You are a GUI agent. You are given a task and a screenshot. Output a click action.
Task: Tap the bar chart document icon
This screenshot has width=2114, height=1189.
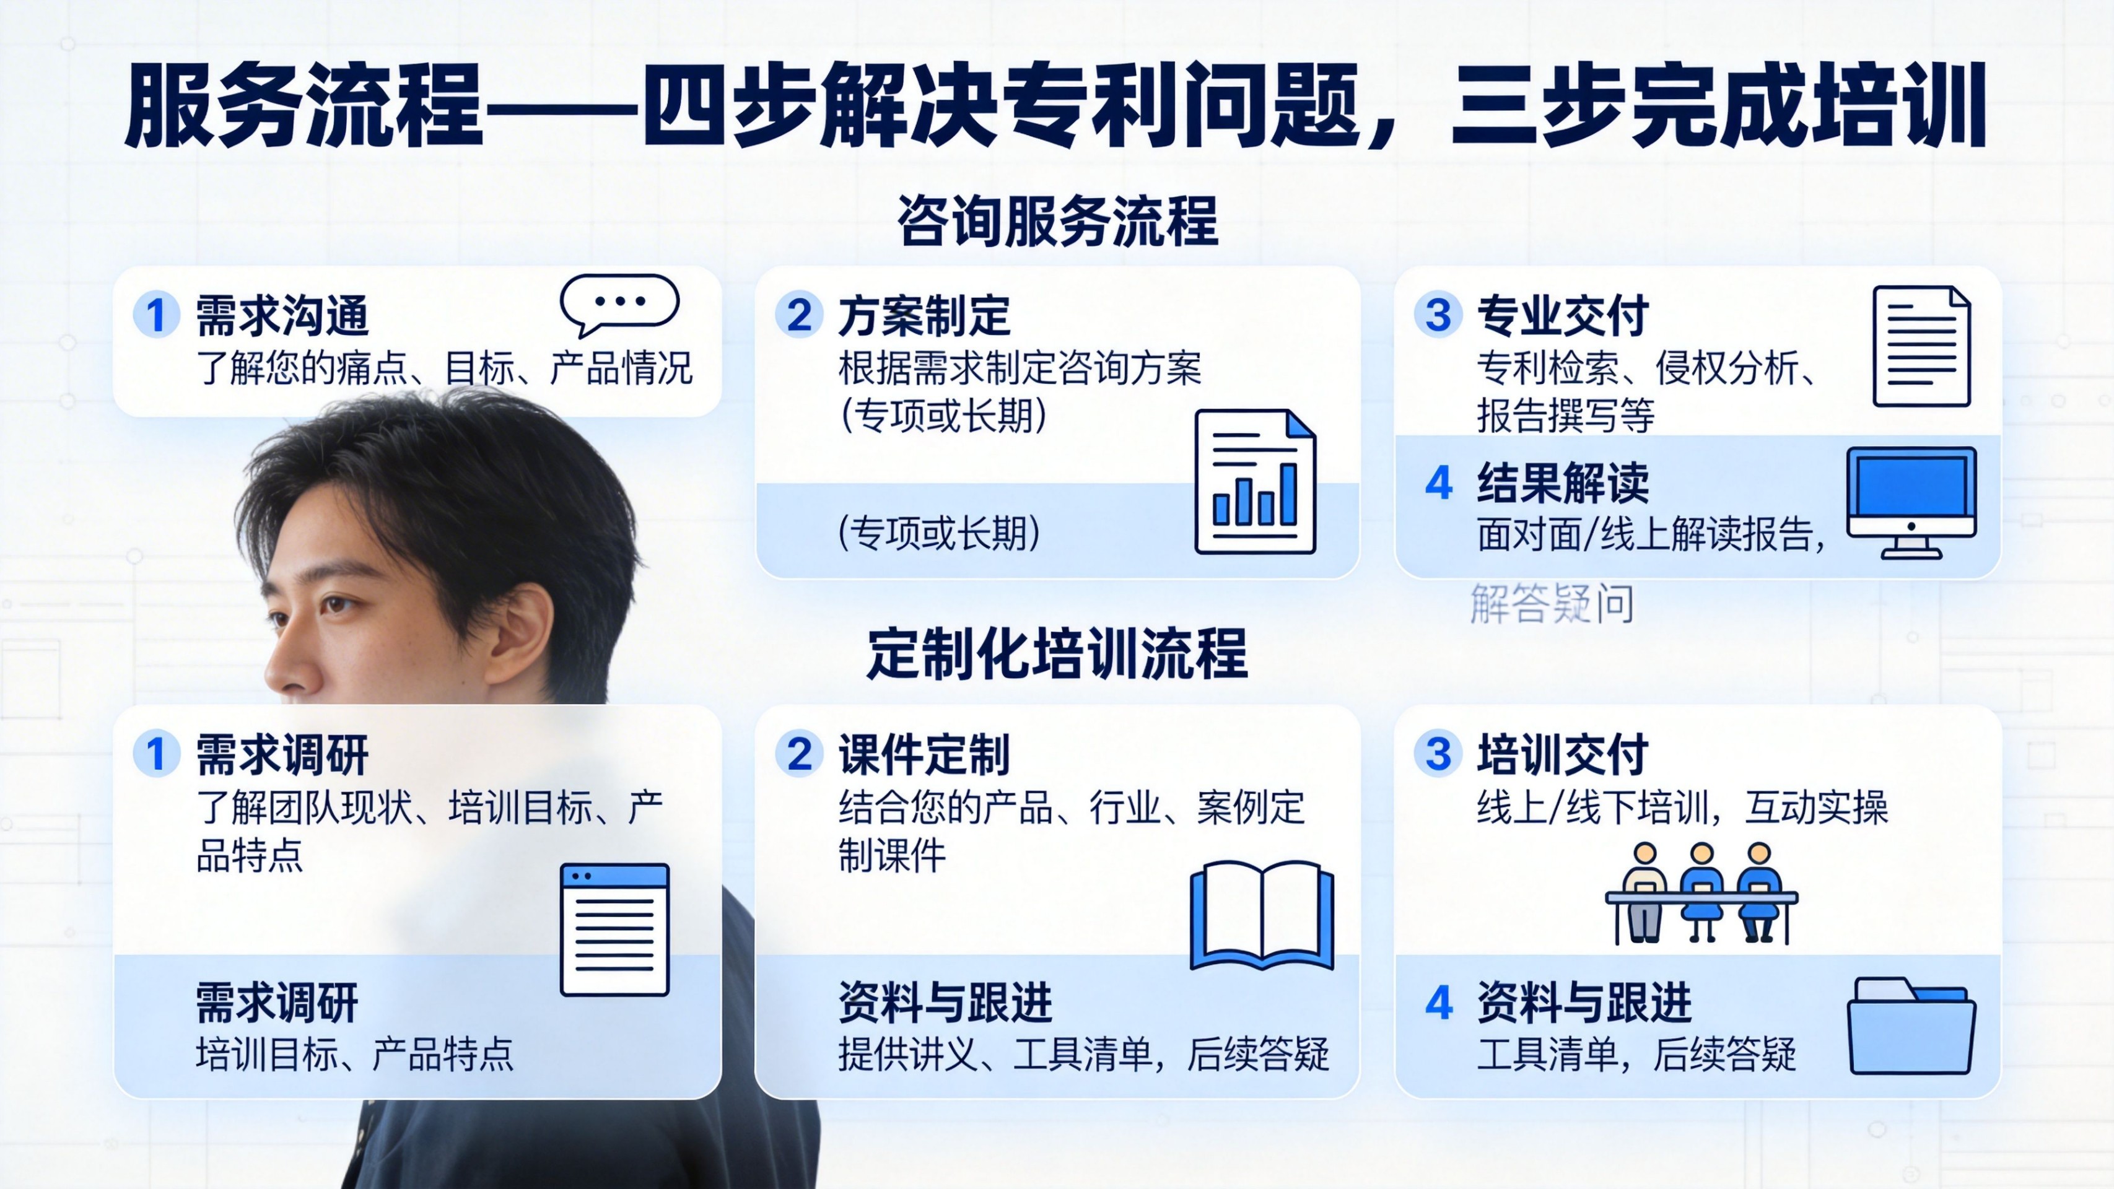[x=1255, y=482]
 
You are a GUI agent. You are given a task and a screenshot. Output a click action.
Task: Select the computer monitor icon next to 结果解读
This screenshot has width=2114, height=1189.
[x=1911, y=502]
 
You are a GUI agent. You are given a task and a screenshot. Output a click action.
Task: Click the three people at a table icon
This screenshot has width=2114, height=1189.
[x=1701, y=893]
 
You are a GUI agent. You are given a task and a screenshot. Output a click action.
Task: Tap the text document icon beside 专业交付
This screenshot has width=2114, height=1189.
[x=1921, y=346]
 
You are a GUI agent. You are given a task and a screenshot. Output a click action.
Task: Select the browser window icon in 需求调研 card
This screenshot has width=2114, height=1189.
[x=614, y=929]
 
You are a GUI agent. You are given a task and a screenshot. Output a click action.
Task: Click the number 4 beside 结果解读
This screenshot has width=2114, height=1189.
[x=1439, y=482]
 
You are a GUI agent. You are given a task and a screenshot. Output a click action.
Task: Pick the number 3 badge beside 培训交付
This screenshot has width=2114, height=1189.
[x=1438, y=753]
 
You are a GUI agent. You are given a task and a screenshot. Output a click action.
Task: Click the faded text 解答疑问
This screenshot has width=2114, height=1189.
[x=1552, y=604]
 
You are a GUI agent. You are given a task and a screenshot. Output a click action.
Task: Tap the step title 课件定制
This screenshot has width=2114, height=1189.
[x=924, y=754]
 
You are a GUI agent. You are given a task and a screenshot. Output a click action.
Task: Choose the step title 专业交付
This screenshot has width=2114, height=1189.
[x=1563, y=316]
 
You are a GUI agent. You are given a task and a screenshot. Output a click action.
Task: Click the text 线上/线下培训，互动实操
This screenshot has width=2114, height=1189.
[x=1682, y=808]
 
